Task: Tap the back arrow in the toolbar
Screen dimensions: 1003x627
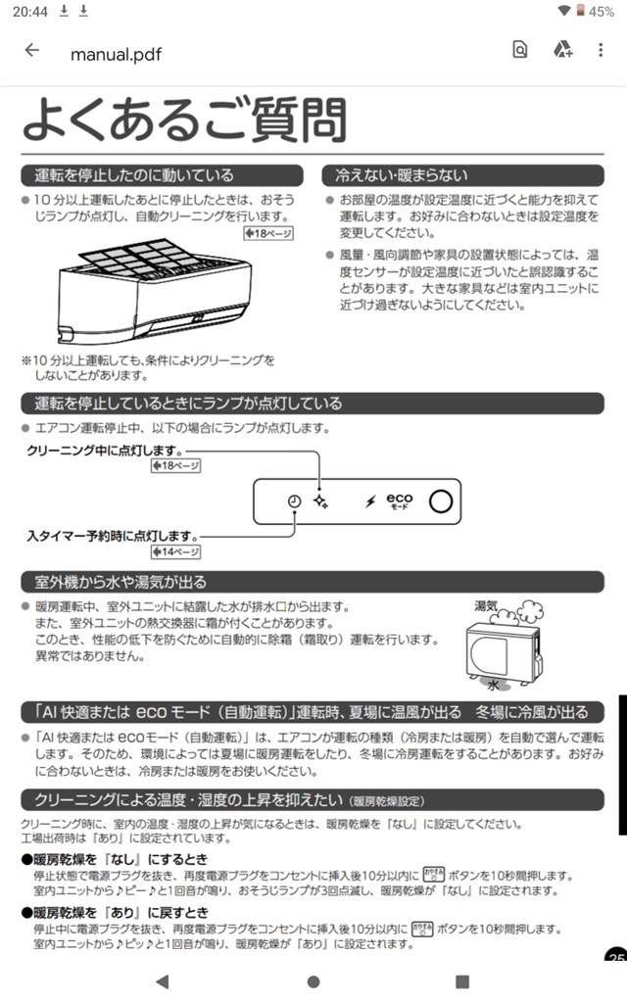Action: (x=32, y=51)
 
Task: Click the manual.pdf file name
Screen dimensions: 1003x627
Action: (x=114, y=54)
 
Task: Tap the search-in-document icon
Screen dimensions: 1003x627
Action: (x=520, y=51)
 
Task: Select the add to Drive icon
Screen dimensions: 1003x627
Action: (x=562, y=51)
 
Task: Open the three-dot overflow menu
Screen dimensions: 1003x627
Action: (x=601, y=51)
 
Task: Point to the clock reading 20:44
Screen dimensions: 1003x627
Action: (x=19, y=11)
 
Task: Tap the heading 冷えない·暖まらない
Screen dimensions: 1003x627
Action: (x=402, y=175)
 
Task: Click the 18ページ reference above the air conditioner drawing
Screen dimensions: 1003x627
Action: (x=268, y=233)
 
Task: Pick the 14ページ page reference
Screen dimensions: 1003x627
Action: (x=176, y=551)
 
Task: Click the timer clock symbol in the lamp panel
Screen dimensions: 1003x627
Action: (x=294, y=501)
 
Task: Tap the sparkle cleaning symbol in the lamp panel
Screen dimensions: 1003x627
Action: (x=319, y=501)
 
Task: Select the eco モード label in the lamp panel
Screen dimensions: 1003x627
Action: (x=399, y=501)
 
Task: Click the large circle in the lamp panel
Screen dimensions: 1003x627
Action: (x=442, y=501)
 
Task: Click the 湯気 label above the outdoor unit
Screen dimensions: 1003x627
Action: (x=487, y=606)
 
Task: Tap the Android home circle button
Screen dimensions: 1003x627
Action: (x=313, y=981)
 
